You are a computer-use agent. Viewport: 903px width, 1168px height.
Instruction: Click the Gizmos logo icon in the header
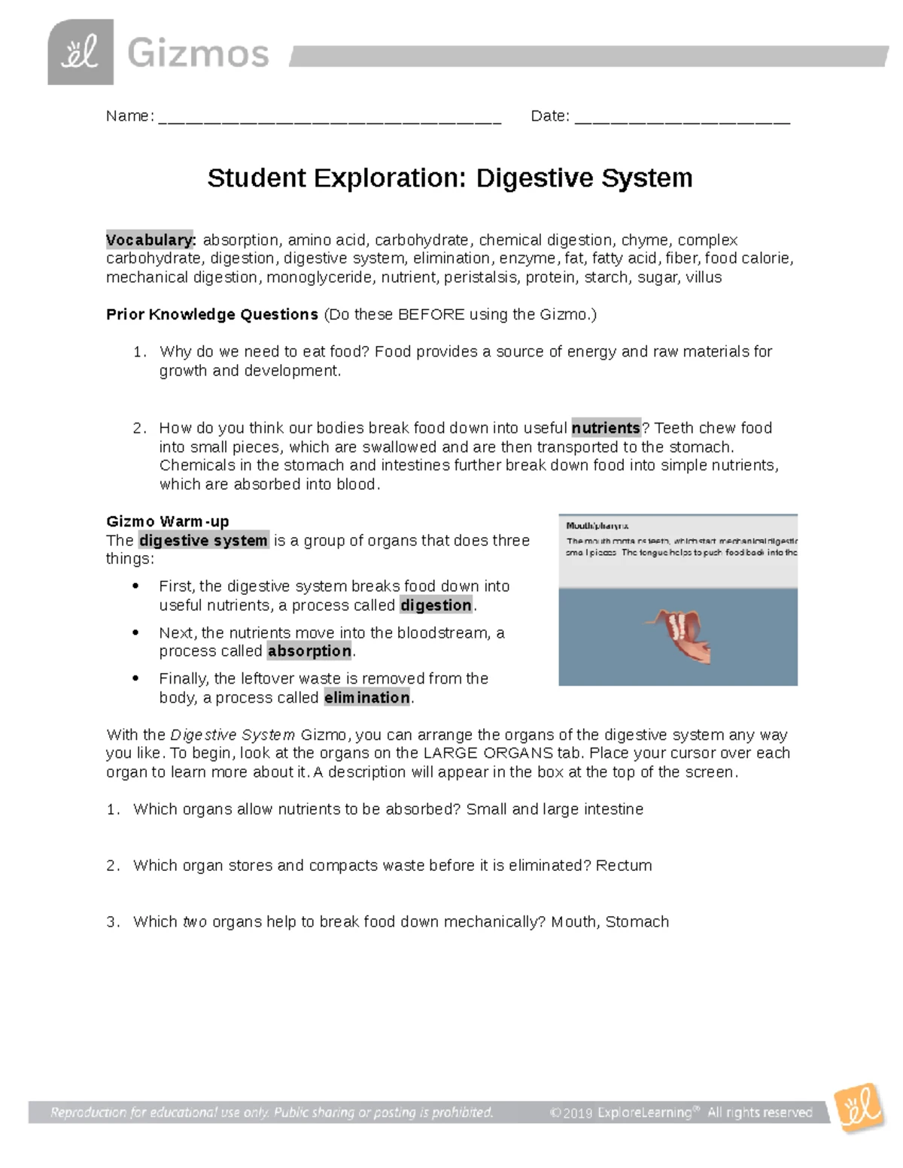(x=81, y=53)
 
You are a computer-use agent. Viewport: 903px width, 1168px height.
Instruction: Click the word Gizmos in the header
(x=198, y=54)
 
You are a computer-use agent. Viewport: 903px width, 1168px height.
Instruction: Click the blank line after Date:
(x=682, y=117)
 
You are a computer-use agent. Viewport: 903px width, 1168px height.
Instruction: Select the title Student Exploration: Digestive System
(x=450, y=178)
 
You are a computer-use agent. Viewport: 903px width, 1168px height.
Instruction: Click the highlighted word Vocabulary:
(x=151, y=240)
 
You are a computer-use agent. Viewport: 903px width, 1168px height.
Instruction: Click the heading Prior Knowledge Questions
(x=212, y=314)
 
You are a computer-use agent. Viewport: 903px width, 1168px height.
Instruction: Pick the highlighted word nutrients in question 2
(x=606, y=428)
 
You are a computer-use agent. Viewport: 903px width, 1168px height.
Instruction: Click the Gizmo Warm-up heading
(x=168, y=521)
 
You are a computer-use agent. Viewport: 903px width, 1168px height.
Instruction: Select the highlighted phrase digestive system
(x=203, y=541)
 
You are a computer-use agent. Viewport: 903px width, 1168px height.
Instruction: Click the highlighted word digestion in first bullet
(x=436, y=605)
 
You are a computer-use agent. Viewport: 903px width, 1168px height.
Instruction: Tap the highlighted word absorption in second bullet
(x=309, y=651)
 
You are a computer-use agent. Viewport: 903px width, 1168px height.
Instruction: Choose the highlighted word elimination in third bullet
(x=367, y=698)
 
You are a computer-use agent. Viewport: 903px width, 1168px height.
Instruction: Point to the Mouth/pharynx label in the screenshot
(x=597, y=526)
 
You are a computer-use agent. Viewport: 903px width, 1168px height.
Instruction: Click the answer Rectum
(x=624, y=866)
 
